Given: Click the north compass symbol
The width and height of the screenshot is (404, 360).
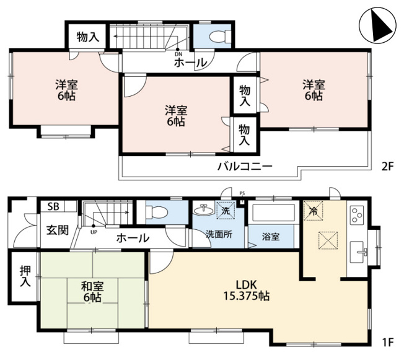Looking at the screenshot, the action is (x=377, y=25).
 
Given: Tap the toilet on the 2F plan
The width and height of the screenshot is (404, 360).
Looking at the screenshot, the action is (x=221, y=37).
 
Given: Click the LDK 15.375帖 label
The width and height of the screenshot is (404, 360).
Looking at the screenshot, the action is (x=247, y=291).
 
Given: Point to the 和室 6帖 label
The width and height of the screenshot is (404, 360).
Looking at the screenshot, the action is (x=92, y=292).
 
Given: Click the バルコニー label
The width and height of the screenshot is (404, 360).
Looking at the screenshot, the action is (x=245, y=166).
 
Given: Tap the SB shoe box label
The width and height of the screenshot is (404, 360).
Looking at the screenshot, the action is (x=53, y=206).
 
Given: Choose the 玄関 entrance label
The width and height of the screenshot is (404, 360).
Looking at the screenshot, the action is (x=58, y=230).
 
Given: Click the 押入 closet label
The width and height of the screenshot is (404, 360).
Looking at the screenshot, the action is (x=25, y=276).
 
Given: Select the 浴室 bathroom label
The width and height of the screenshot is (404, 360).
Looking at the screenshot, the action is (x=271, y=237).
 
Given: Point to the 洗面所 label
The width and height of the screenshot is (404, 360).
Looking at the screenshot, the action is (x=219, y=234).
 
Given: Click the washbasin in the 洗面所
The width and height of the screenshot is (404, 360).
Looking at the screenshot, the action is (x=204, y=210).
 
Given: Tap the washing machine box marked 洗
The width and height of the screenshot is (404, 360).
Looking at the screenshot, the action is (x=226, y=210).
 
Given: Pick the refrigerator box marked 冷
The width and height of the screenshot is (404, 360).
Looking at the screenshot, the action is (x=314, y=211).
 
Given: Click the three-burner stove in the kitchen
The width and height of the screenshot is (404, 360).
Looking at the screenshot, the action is (x=356, y=214).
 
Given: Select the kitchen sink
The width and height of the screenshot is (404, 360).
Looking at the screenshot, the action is (x=358, y=252).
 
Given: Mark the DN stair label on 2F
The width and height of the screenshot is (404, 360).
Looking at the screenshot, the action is (x=178, y=54).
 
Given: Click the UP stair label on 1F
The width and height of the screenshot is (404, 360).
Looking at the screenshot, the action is (x=94, y=232).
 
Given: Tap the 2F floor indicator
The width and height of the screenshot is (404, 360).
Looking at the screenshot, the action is (x=387, y=167).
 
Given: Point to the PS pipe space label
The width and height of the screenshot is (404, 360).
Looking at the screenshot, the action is (x=242, y=193).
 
